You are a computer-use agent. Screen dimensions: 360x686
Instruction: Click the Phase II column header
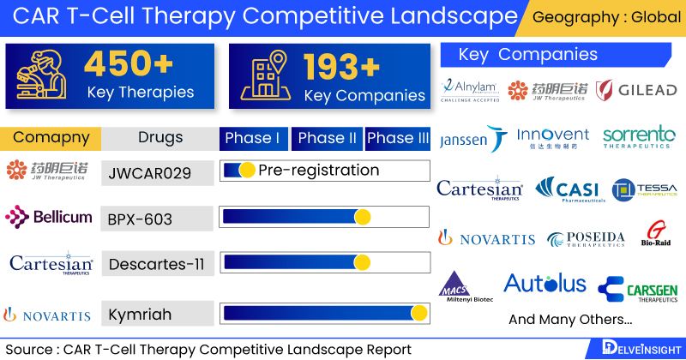327,138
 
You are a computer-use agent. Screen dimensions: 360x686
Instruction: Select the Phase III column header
398,138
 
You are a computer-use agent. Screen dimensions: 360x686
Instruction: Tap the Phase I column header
252,138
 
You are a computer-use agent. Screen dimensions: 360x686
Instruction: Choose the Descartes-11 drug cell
157,264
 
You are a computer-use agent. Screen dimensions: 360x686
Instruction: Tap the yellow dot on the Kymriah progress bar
419,314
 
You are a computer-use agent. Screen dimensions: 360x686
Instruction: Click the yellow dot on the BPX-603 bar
362,218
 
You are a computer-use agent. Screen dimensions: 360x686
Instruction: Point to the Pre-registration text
318,170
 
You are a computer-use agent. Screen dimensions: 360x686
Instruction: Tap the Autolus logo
545,284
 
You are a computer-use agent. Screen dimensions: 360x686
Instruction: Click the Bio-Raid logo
657,236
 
